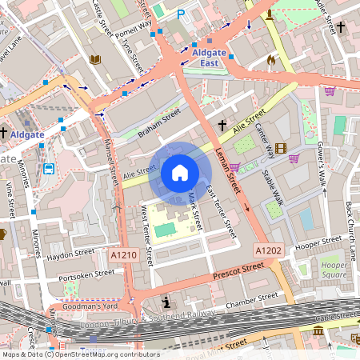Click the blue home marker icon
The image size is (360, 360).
[x=180, y=173]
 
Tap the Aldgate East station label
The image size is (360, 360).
[x=209, y=57]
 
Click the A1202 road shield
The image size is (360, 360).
[x=269, y=250]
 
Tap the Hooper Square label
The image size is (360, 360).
[x=334, y=270]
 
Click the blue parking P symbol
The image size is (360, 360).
[x=181, y=14]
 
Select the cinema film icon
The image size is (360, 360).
[x=280, y=148]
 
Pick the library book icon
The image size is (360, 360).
[x=95, y=59]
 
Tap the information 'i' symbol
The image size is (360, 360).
[x=166, y=302]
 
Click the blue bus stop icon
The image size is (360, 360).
[x=50, y=169]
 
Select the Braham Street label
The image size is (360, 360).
[x=159, y=124]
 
